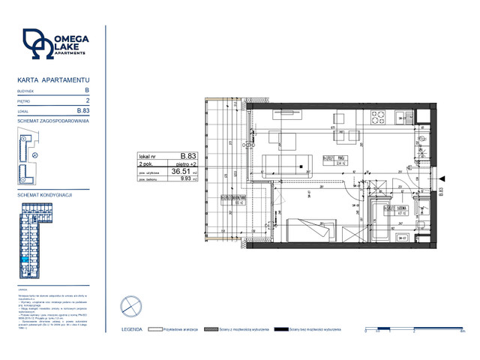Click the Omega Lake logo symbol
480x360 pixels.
click(37, 44)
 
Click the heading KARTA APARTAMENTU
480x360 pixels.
click(52, 79)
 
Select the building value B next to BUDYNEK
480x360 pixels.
click(87, 89)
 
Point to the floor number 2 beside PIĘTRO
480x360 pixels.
click(88, 100)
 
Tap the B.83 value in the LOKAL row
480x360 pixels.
click(83, 110)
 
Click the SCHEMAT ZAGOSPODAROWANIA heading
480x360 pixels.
click(52, 120)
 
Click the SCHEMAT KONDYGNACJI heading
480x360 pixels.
click(43, 194)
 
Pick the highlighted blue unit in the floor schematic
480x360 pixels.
click(26, 259)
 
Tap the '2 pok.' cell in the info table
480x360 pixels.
click(144, 163)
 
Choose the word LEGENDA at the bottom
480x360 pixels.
click(132, 329)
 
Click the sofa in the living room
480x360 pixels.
click(288, 163)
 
